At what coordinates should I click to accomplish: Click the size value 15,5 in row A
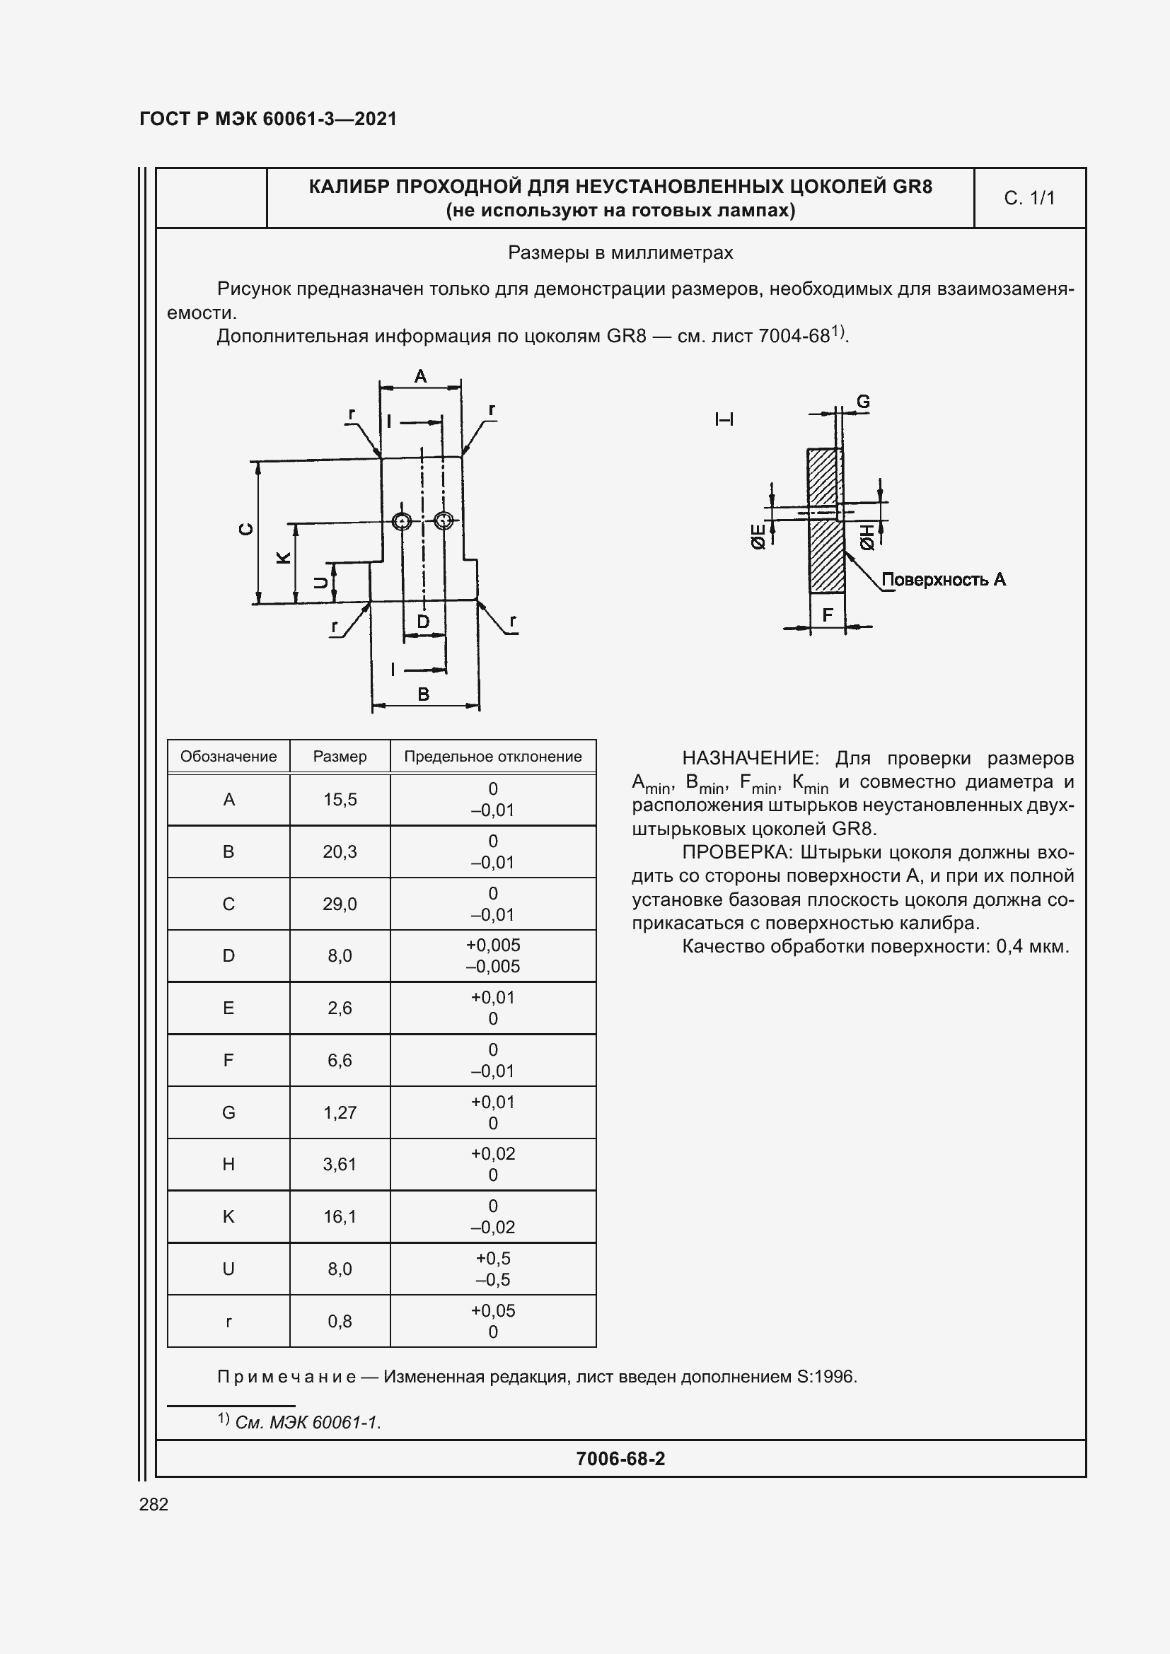[340, 800]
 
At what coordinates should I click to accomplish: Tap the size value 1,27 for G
[340, 1113]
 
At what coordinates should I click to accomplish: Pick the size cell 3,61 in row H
[340, 1165]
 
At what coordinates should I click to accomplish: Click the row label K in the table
[228, 1217]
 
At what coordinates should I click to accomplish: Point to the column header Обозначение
[228, 757]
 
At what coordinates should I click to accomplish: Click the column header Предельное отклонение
[493, 757]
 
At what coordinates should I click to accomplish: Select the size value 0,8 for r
[340, 1321]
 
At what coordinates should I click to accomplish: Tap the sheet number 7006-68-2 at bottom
[620, 1459]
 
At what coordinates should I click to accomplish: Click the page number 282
[154, 1504]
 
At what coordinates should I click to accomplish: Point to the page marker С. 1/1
[1029, 198]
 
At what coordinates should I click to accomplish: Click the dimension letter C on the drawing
[246, 529]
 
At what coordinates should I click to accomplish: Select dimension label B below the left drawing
[424, 694]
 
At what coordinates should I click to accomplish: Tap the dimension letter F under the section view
[827, 615]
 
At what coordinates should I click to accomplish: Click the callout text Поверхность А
[943, 579]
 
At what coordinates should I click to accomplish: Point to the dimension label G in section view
[862, 401]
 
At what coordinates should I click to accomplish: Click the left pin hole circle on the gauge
[402, 521]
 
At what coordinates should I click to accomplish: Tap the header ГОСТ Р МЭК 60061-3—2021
[268, 119]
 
